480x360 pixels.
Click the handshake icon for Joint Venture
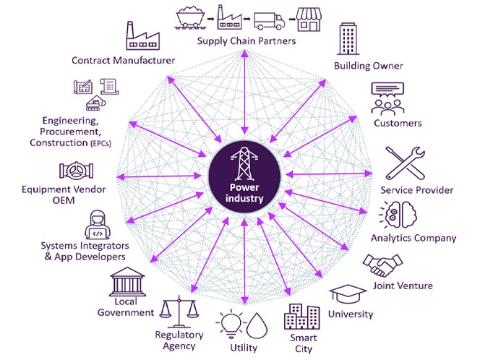[x=381, y=265]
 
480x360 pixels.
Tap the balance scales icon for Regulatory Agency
[x=179, y=312]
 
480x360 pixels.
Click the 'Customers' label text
[x=398, y=123]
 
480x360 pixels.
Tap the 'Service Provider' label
[x=417, y=190]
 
